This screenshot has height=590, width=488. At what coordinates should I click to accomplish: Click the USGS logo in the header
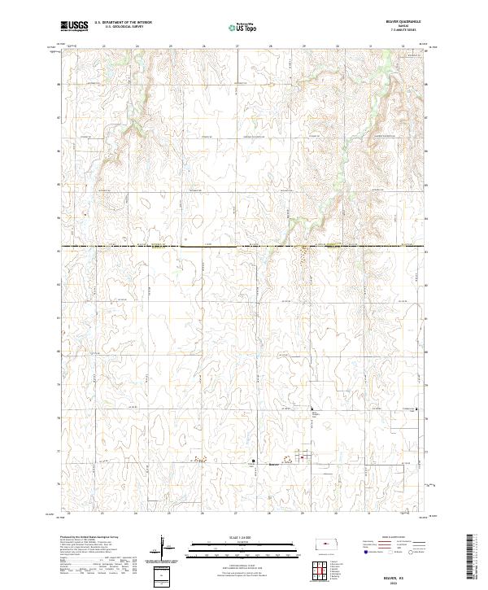point(74,26)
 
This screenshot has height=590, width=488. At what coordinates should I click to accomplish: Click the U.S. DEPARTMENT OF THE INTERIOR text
point(123,23)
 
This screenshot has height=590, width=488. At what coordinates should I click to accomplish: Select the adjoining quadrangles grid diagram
point(327,570)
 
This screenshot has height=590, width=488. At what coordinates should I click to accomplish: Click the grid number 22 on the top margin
point(69,46)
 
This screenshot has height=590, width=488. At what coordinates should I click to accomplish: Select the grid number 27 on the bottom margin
point(236,514)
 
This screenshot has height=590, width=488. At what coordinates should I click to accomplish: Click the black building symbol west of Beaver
point(253,461)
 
